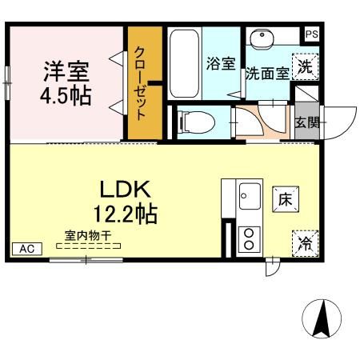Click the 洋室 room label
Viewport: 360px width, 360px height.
(x=66, y=70)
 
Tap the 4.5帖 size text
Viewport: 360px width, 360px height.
(x=66, y=97)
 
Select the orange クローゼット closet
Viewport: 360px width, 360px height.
(x=146, y=82)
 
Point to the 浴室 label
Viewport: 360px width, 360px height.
(x=221, y=65)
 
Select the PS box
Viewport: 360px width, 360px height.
(x=312, y=34)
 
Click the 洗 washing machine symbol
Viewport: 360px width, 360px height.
(x=305, y=67)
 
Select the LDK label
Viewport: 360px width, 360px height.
(x=126, y=190)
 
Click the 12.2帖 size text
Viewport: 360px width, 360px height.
(x=126, y=214)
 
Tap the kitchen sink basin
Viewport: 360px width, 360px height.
(x=247, y=194)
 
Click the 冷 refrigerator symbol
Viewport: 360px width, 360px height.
(x=305, y=243)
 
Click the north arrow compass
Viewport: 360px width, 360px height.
(x=322, y=318)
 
